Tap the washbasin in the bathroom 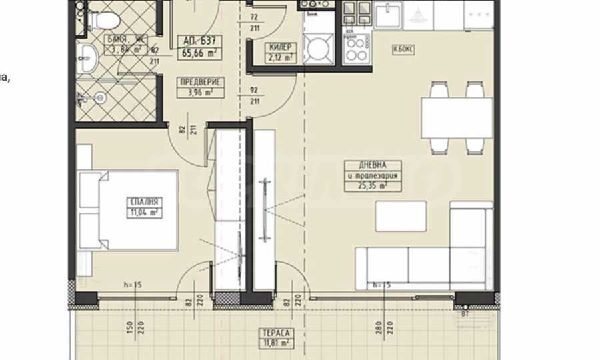tap(85, 61)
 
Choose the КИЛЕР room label tap(279, 47)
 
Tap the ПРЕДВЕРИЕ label tap(199, 82)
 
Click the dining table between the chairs tap(457, 117)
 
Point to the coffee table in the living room tap(401, 215)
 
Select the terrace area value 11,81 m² tap(275, 344)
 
